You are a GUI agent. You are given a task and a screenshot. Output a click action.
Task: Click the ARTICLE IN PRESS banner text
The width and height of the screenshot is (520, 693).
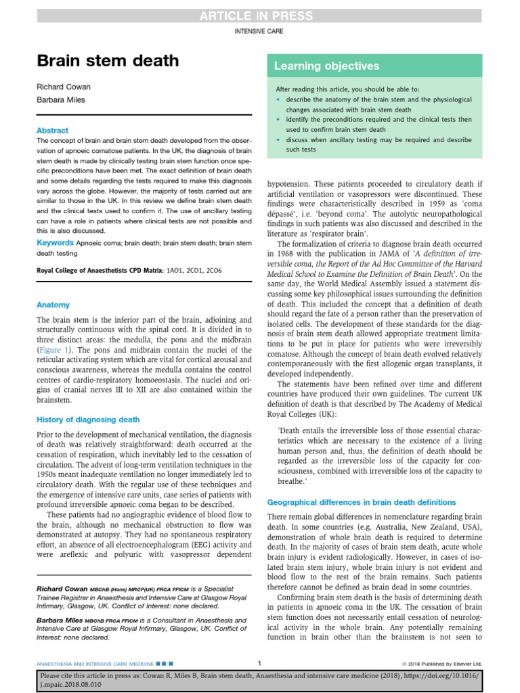tap(260, 16)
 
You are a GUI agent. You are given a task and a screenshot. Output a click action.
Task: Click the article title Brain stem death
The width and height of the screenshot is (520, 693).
tap(108, 62)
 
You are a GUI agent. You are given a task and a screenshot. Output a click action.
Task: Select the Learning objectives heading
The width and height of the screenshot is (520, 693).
tap(326, 66)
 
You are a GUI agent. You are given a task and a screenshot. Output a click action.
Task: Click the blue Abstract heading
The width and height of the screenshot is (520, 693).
tap(53, 131)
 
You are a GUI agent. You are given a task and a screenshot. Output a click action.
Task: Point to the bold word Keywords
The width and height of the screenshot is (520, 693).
tap(55, 242)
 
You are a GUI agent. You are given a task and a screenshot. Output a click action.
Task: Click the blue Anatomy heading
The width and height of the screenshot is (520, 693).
tap(53, 305)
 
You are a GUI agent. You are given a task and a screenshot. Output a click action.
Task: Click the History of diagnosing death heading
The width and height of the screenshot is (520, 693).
tap(88, 420)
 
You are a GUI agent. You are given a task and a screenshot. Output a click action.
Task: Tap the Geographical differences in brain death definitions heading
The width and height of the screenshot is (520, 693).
tap(362, 502)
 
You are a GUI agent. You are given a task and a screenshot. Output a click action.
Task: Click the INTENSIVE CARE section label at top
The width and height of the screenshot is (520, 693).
tap(259, 32)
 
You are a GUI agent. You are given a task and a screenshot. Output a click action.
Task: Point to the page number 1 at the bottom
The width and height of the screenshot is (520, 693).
tap(260, 663)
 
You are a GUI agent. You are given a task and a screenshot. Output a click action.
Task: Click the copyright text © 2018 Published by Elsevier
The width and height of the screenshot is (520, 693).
tap(443, 663)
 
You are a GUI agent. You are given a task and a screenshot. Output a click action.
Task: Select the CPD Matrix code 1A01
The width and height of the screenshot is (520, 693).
tap(175, 270)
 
